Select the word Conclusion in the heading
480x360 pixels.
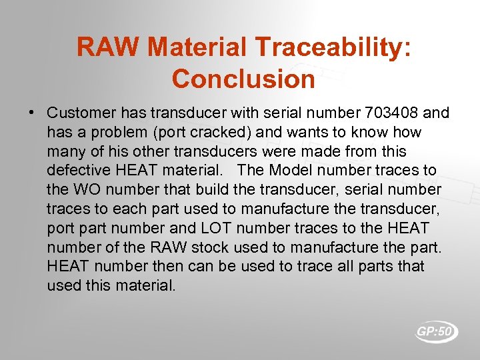pos(243,79)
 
